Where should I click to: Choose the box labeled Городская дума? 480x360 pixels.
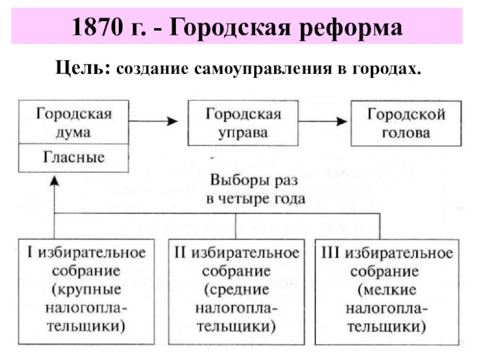[74, 123]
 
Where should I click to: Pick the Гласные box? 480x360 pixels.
[74, 157]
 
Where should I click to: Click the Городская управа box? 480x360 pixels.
[244, 123]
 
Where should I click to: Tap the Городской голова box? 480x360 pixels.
[406, 123]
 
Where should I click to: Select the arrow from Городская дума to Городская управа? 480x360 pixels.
[154, 121]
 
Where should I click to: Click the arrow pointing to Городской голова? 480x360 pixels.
[325, 121]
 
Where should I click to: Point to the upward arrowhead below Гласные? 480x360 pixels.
[55, 181]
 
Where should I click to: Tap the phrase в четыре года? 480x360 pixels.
[256, 199]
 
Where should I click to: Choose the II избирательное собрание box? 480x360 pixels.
[236, 291]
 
